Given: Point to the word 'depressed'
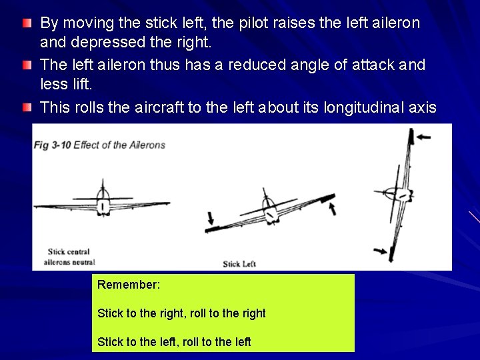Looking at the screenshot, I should click(97, 44).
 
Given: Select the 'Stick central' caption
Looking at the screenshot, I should click(69, 252).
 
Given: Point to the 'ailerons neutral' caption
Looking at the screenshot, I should click(69, 262).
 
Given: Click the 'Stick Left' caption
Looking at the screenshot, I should click(239, 264).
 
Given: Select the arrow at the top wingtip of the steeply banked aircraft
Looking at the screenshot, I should click(422, 137).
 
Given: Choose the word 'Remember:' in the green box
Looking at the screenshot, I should click(129, 285).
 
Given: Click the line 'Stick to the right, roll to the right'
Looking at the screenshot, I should click(181, 313).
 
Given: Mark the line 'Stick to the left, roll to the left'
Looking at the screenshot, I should click(174, 341).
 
